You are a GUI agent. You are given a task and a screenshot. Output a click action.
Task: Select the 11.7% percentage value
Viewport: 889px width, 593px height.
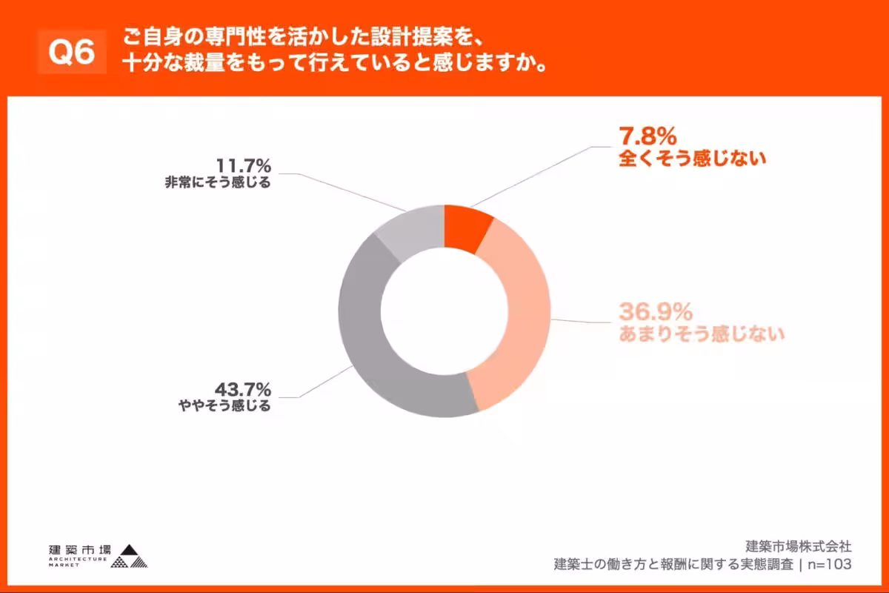[243, 164]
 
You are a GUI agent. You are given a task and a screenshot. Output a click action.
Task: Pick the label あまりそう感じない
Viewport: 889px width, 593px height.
[701, 334]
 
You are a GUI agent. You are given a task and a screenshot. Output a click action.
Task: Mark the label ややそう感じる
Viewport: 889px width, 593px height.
[224, 406]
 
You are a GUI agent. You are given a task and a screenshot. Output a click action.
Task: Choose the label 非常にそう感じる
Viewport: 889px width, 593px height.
[218, 182]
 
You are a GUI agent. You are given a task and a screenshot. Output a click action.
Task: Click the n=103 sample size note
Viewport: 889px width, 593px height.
[829, 565]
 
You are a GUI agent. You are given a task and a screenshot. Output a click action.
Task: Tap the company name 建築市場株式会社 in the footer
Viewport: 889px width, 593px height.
[798, 547]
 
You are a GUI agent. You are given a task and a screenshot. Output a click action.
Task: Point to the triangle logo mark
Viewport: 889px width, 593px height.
[130, 557]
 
